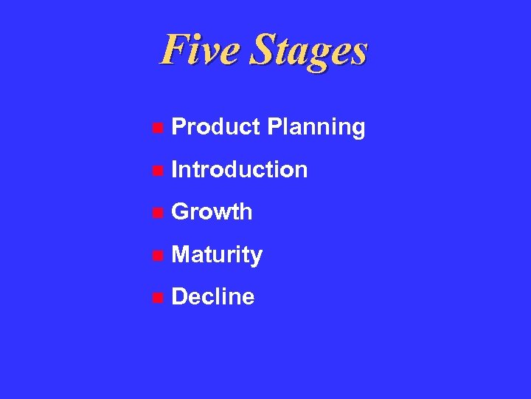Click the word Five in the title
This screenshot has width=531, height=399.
coord(200,50)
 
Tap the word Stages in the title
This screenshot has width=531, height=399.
coord(308,51)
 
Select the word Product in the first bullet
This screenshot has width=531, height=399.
coord(215,127)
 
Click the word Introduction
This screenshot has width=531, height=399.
coord(239,169)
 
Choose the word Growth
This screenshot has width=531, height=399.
coord(212,212)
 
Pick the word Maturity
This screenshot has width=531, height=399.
coord(217,256)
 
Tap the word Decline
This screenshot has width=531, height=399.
coord(212,297)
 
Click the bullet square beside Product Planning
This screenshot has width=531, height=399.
coord(156,128)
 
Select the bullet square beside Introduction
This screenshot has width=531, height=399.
coord(156,171)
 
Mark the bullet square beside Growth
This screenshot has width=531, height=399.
coord(156,213)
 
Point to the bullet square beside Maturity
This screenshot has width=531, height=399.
coord(156,256)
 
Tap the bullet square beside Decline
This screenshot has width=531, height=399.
coord(156,298)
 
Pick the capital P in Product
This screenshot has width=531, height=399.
coord(178,127)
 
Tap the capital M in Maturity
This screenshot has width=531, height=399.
coord(181,255)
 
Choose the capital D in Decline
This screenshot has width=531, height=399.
coord(178,297)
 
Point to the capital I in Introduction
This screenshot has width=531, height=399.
coord(173,169)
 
